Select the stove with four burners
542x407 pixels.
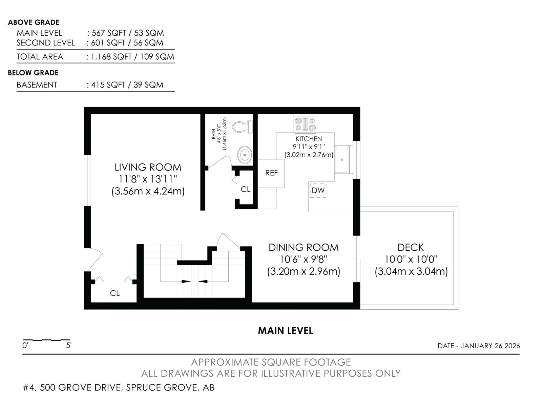click(306, 124)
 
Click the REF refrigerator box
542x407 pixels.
click(271, 173)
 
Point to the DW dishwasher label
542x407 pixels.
click(318, 190)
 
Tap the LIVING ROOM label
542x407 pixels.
click(148, 167)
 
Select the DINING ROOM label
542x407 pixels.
click(303, 247)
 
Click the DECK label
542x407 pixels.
click(411, 247)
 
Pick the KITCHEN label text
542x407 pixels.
click(309, 139)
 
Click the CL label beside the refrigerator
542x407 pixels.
click(245, 189)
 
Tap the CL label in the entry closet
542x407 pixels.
click(115, 293)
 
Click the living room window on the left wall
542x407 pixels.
click(87, 180)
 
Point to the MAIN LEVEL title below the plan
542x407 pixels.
click(285, 331)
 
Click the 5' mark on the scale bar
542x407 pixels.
click(69, 346)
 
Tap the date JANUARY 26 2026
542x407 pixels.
click(490, 346)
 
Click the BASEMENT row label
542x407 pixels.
click(37, 85)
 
